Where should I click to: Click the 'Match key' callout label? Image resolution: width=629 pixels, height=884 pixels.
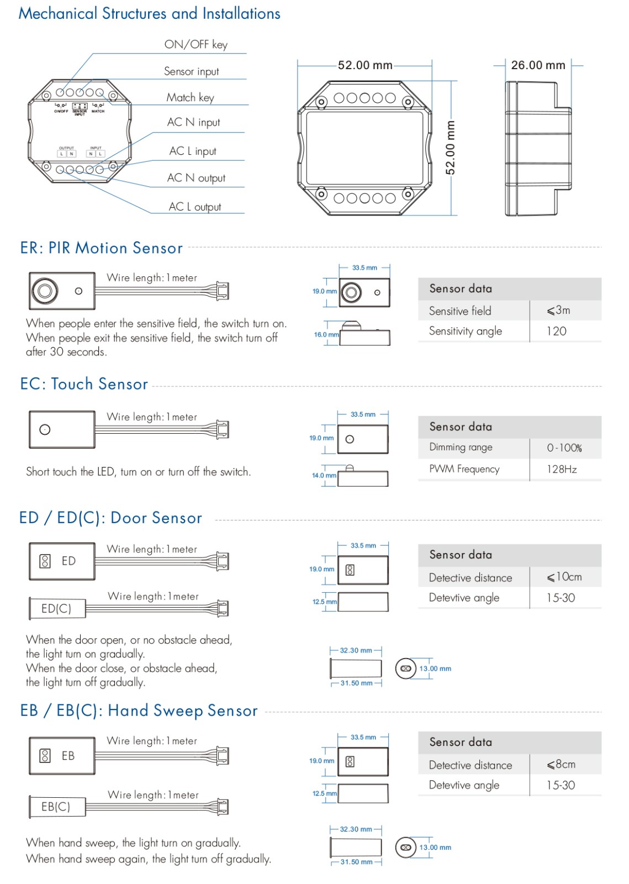(x=190, y=98)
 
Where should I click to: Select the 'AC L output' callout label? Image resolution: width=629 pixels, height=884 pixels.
(x=194, y=207)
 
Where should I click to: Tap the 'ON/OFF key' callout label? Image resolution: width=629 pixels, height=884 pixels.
(x=195, y=45)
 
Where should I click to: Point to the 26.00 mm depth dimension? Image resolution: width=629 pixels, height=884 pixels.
(x=538, y=65)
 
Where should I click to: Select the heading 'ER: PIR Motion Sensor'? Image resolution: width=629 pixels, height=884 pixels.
(x=101, y=248)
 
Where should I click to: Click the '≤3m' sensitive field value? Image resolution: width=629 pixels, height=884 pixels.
(x=558, y=311)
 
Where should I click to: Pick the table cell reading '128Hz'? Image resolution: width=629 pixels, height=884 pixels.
(x=562, y=469)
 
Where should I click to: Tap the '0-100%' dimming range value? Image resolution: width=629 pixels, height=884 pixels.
(x=564, y=448)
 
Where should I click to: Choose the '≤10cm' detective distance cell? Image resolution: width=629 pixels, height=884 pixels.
(x=564, y=577)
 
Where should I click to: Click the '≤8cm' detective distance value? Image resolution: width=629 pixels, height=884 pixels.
(x=561, y=764)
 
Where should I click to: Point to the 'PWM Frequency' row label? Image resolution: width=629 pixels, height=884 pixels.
(x=464, y=469)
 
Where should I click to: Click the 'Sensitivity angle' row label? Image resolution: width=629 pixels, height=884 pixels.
(x=465, y=331)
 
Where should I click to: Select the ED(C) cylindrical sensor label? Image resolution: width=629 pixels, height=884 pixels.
(x=56, y=608)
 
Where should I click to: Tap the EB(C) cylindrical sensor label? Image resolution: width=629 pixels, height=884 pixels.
(x=56, y=807)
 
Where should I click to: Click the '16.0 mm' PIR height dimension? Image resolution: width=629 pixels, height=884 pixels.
(x=326, y=334)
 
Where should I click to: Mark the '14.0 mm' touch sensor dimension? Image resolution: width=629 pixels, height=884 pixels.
(x=324, y=475)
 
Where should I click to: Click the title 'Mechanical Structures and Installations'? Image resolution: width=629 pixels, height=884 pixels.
(x=149, y=13)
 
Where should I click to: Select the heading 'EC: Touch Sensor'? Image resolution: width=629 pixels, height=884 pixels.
(x=84, y=384)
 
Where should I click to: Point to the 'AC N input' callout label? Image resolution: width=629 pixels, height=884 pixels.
(x=193, y=122)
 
